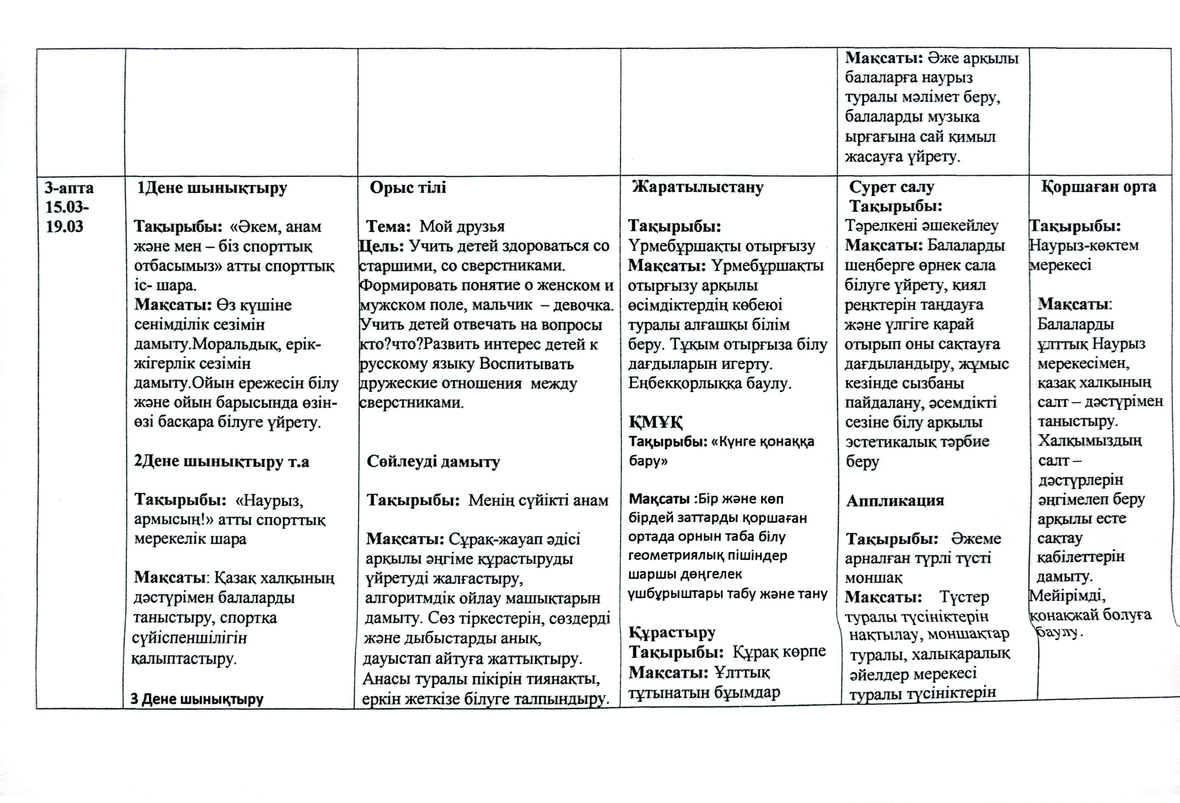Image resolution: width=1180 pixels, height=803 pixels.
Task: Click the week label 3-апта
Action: [69, 188]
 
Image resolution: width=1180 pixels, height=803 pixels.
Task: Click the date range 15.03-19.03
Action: [66, 217]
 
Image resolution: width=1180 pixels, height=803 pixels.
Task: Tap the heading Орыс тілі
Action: [408, 187]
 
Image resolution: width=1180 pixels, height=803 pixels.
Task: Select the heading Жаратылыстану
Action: [698, 187]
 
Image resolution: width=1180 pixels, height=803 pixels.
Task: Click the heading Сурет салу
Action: [891, 187]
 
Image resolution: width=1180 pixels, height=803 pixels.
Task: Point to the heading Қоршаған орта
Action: [1099, 187]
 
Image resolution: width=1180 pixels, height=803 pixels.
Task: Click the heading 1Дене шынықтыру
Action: [212, 188]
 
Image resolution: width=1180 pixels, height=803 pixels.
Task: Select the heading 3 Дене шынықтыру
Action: [197, 699]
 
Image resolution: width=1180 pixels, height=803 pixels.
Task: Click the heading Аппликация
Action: [895, 501]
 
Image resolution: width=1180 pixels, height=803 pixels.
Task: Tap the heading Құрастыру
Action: [672, 633]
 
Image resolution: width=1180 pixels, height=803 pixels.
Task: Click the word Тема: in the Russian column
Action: [388, 227]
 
